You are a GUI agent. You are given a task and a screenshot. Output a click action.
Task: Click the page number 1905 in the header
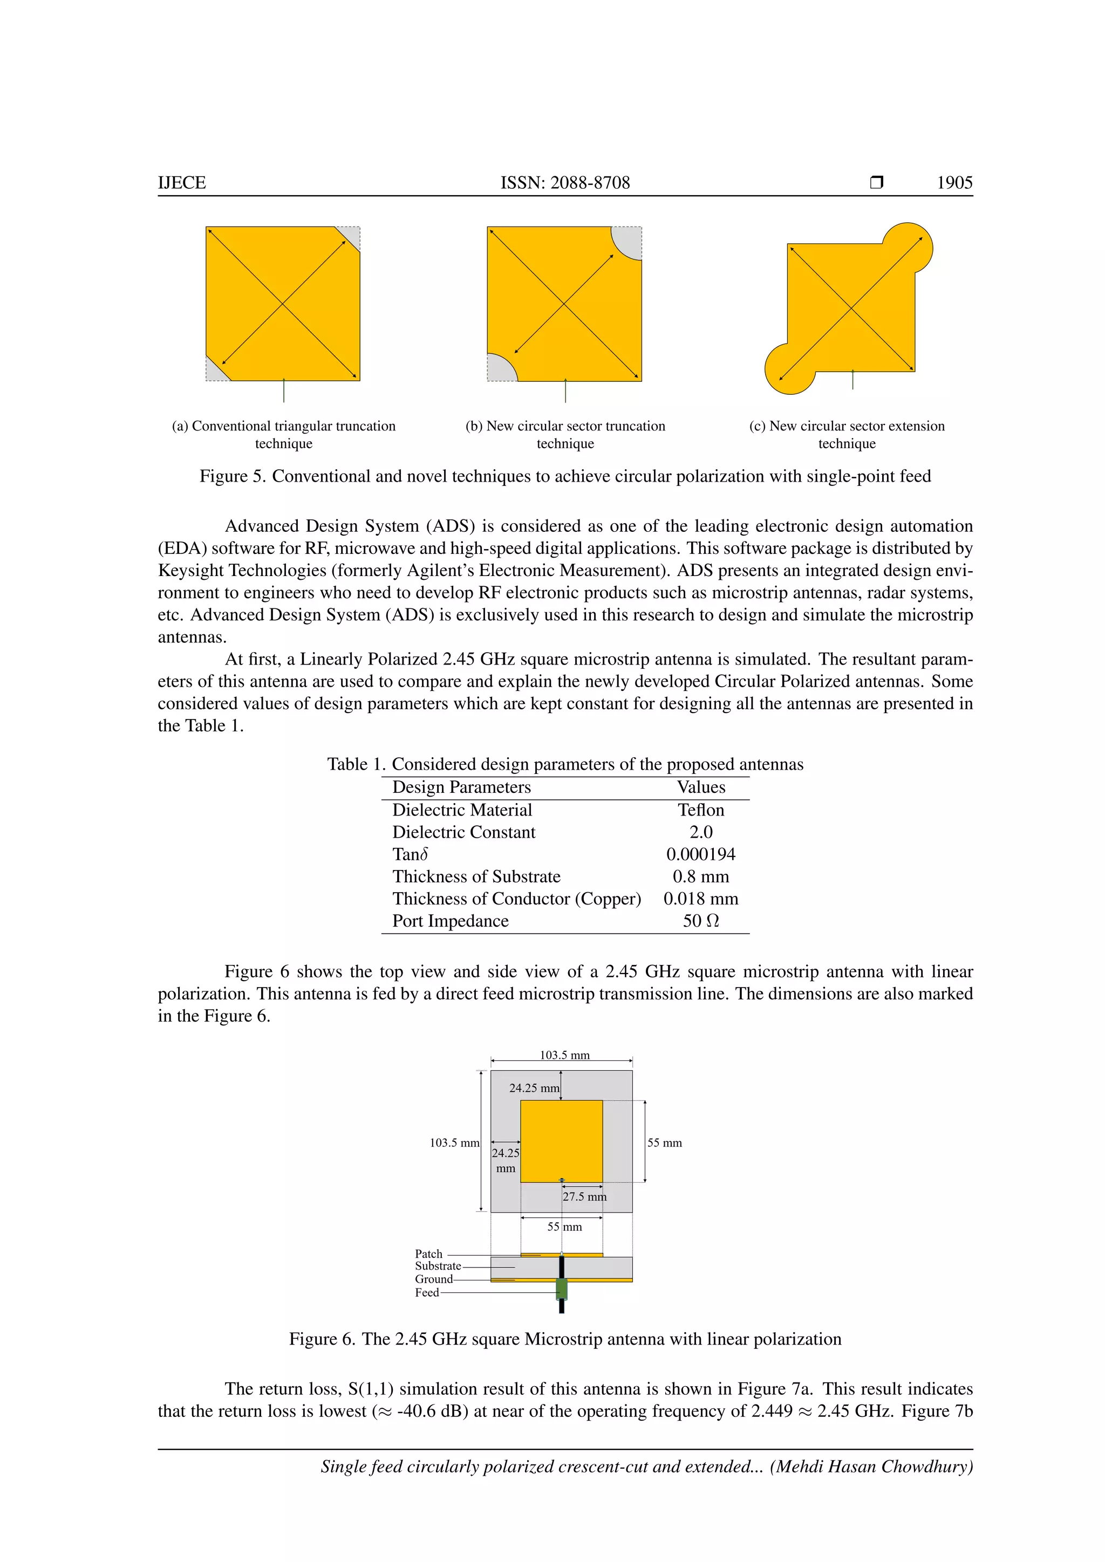point(954,182)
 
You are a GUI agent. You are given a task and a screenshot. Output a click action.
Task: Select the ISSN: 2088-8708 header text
point(565,182)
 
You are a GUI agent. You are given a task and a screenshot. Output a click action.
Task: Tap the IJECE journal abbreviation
point(182,182)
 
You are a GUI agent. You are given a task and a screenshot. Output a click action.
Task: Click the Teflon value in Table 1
point(701,810)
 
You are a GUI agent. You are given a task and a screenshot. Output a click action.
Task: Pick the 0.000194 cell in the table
point(701,854)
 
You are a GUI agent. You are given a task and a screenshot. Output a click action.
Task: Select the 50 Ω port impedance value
point(701,921)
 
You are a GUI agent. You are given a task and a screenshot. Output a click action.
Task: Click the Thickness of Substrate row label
point(476,876)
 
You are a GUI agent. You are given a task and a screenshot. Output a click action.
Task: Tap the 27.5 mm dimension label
point(584,1197)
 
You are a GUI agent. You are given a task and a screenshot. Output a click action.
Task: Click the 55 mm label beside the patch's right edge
point(664,1143)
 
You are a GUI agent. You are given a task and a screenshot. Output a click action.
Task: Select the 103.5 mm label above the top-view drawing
point(565,1055)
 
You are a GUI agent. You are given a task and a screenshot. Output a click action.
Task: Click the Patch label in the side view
point(428,1254)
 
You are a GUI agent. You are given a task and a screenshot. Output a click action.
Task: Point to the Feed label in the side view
point(427,1293)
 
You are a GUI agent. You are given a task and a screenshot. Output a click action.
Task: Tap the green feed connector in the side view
point(561,1288)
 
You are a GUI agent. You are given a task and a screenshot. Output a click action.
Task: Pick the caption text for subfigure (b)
point(565,434)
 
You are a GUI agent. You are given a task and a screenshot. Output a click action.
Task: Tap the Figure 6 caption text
point(565,1339)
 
